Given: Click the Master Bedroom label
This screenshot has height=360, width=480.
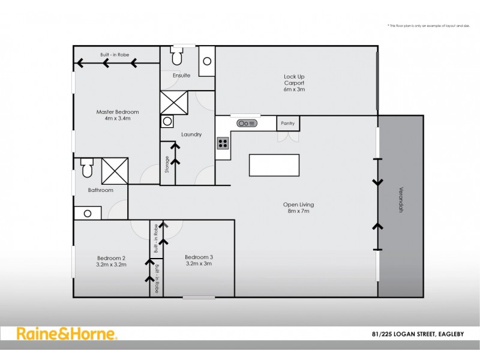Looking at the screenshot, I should click(x=118, y=115).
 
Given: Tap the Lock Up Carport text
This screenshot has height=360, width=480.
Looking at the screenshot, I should click(x=295, y=83).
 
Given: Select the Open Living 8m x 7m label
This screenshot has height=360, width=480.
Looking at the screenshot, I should click(x=298, y=208).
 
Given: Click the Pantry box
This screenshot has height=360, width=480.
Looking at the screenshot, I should click(x=287, y=123).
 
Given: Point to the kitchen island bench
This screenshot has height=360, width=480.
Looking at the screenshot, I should click(x=274, y=165).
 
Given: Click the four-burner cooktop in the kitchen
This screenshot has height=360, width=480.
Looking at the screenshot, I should click(x=223, y=143).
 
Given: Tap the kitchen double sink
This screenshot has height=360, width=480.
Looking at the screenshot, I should click(x=247, y=123).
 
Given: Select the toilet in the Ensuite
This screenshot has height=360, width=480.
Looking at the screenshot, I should click(x=177, y=58).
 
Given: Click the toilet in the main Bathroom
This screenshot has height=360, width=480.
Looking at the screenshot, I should click(x=86, y=169).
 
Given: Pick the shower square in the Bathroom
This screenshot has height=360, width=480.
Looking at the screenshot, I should click(x=115, y=171).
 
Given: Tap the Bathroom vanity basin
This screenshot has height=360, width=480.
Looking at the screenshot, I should click(x=88, y=213).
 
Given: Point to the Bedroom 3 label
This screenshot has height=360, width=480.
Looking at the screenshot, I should click(x=199, y=260).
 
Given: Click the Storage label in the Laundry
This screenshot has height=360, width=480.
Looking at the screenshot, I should click(x=167, y=165).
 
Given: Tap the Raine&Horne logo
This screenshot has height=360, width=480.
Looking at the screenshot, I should click(x=67, y=335).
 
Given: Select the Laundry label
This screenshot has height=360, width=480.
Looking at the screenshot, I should click(x=191, y=134).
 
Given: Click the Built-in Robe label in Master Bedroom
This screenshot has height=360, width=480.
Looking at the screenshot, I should click(x=115, y=55).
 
